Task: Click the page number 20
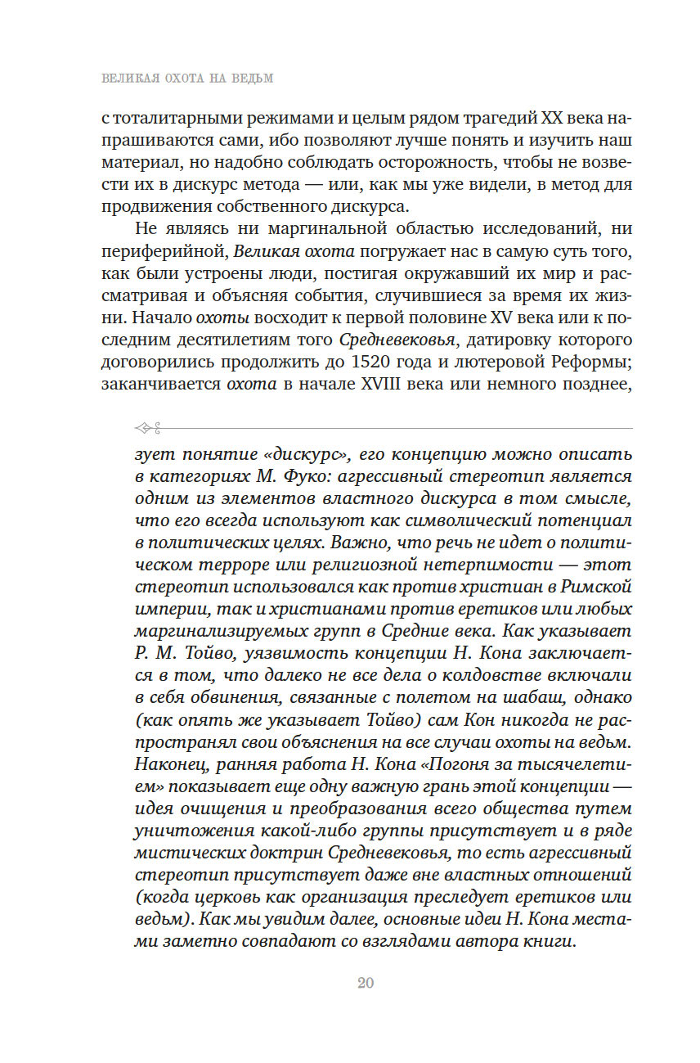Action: [365, 983]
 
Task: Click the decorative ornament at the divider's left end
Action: [148, 426]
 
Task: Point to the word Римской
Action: [595, 586]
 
